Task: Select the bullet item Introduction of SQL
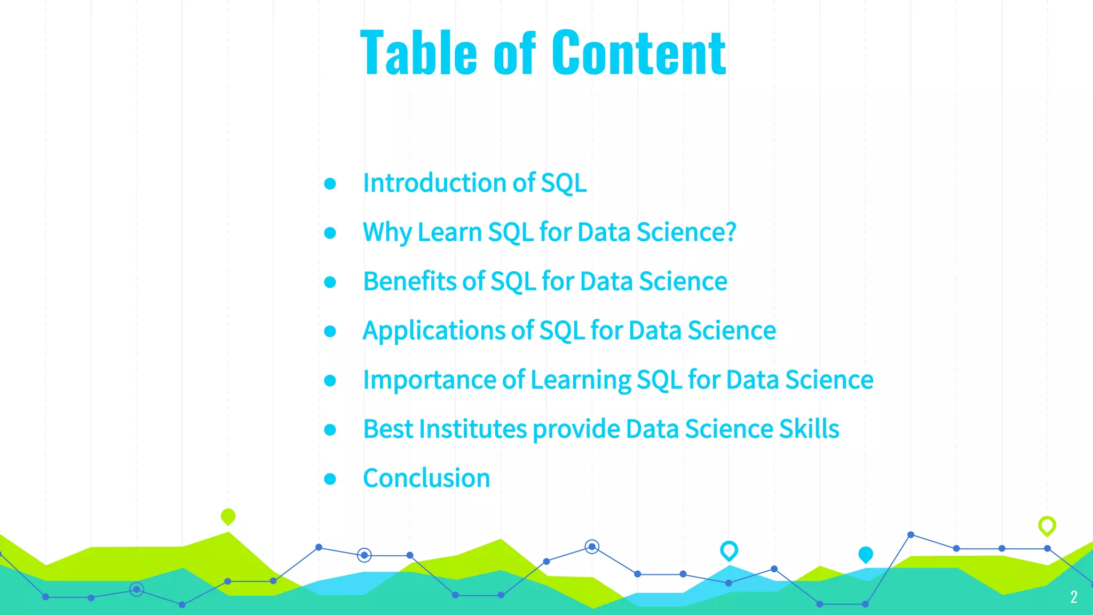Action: point(474,183)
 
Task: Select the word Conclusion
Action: point(426,478)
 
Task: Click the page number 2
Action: point(1073,597)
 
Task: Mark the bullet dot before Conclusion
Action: point(330,479)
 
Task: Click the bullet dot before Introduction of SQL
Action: point(330,184)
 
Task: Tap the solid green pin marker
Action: point(228,516)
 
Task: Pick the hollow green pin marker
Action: point(1047,525)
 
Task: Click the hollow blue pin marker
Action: point(728,550)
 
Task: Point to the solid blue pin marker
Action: point(865,555)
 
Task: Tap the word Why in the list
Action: point(387,233)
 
